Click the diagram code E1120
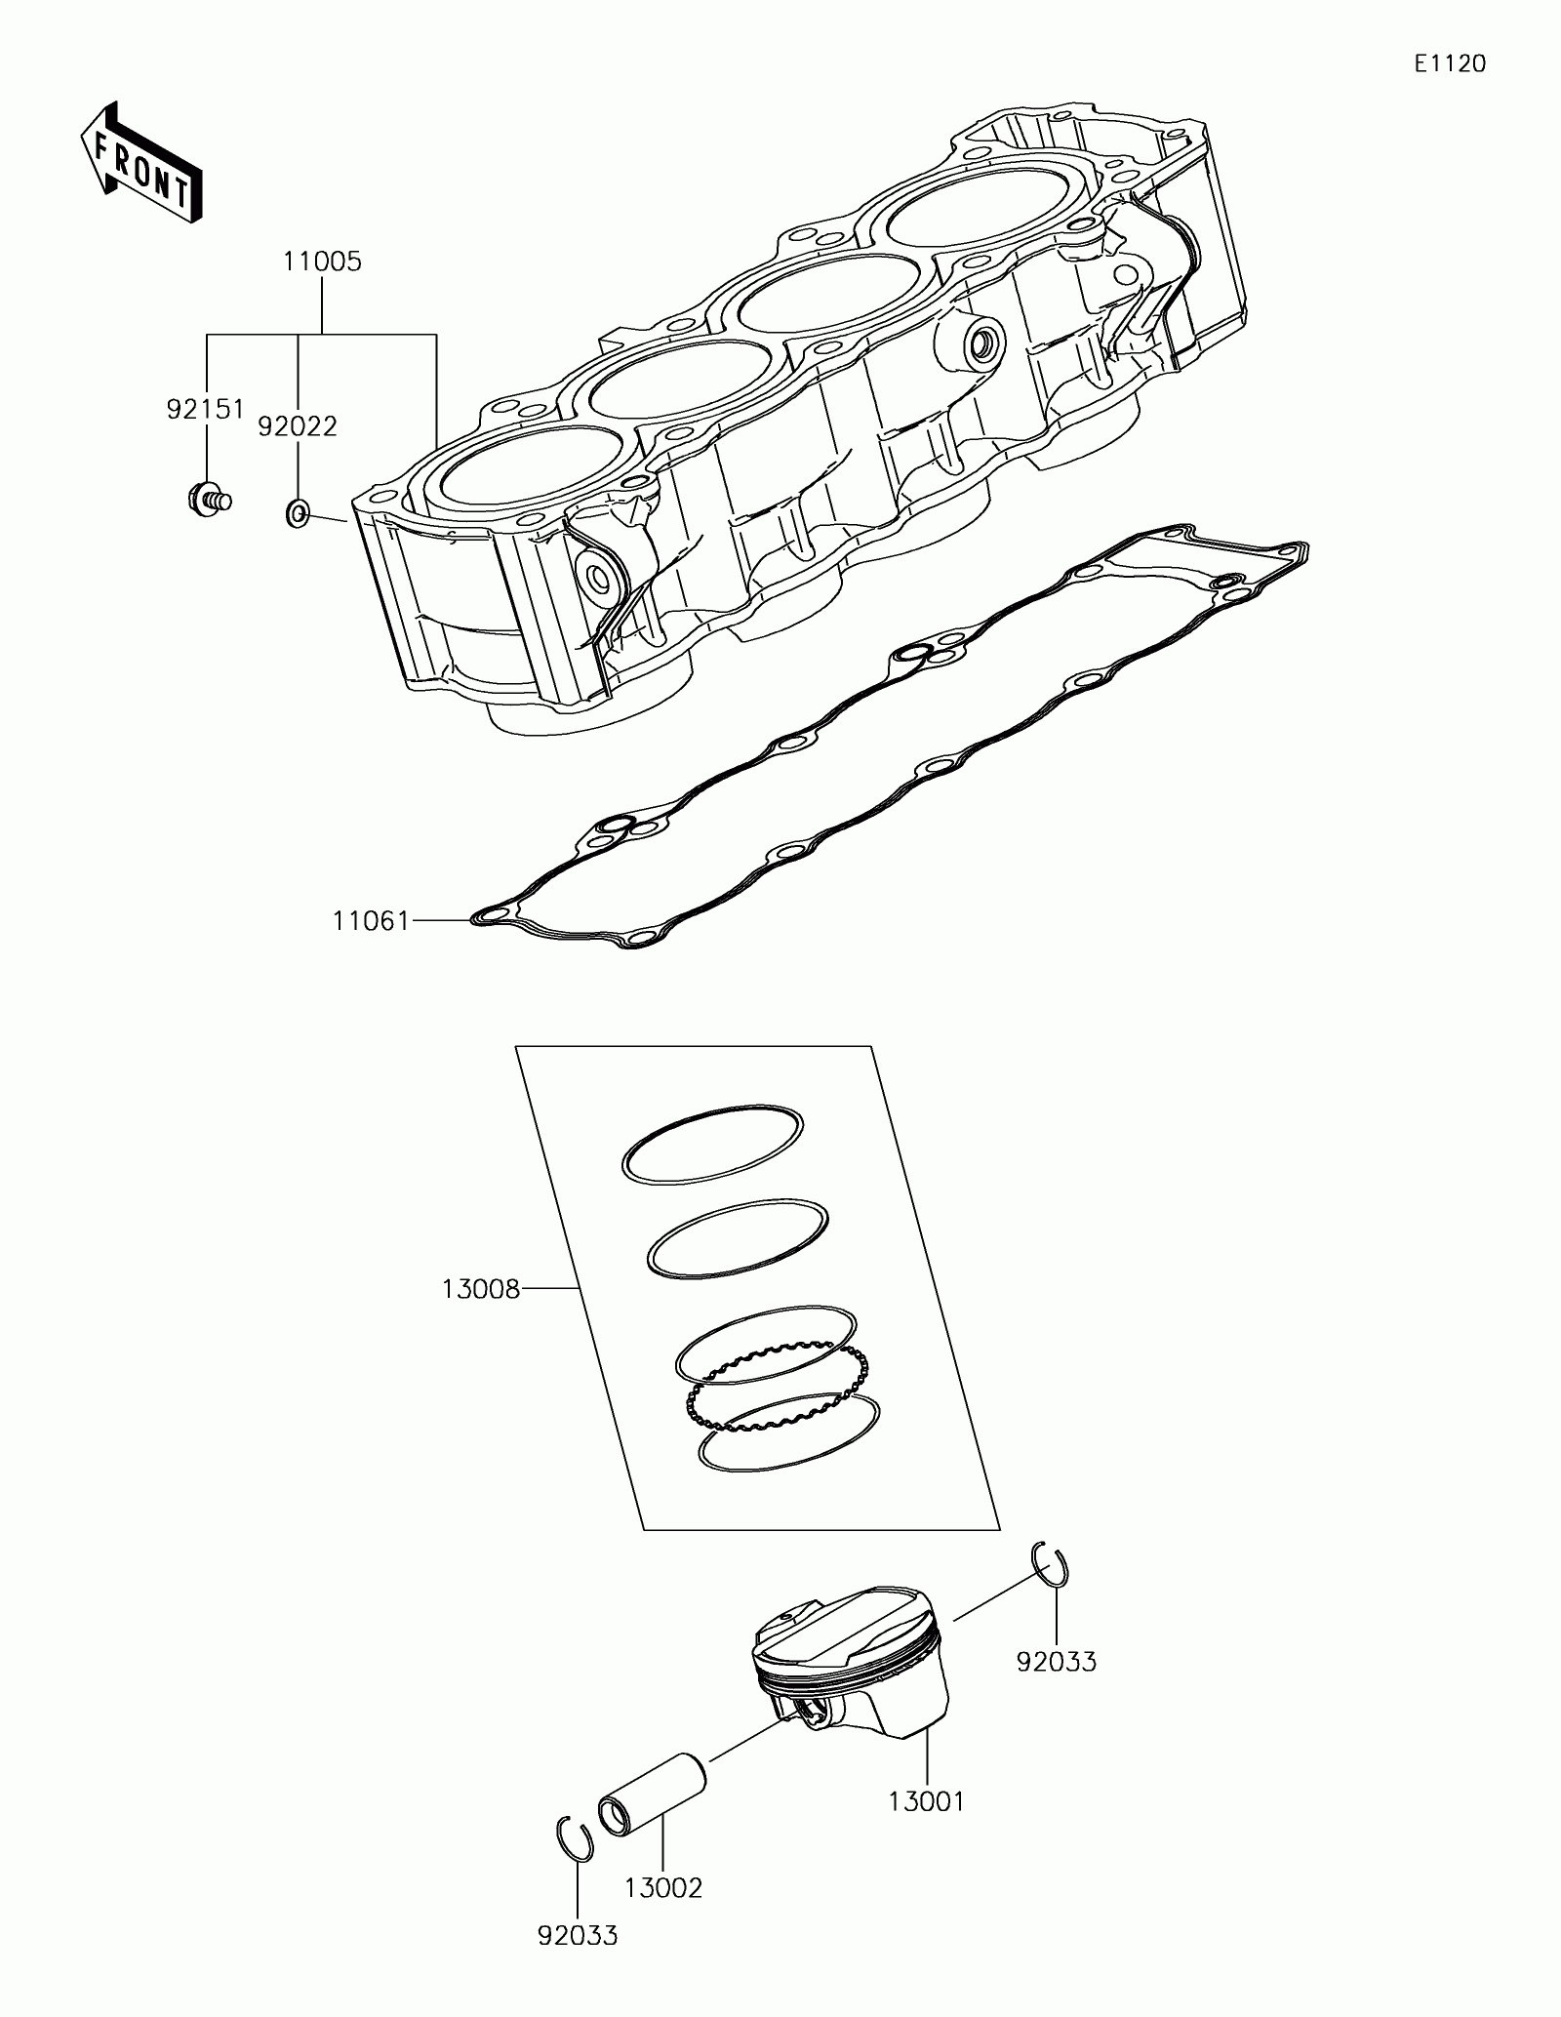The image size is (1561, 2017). [x=1451, y=64]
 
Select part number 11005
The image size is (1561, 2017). [x=322, y=262]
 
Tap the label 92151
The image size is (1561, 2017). [x=205, y=410]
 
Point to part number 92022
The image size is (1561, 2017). [x=298, y=426]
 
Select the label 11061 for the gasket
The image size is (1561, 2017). [x=371, y=920]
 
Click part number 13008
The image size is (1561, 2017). [x=481, y=1290]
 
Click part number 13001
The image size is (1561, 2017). [x=926, y=1801]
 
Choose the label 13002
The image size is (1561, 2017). [x=663, y=1888]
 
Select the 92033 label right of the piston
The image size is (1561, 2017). [x=1057, y=1661]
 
